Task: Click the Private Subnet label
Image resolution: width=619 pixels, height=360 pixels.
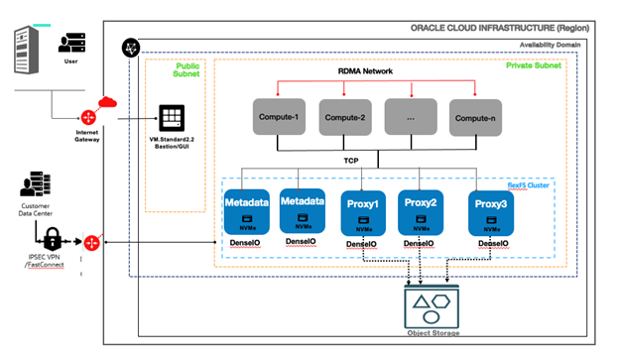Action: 533,65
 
